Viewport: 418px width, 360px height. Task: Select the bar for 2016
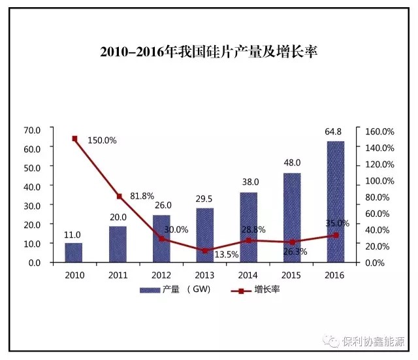point(335,201)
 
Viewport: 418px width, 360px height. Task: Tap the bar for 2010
point(74,252)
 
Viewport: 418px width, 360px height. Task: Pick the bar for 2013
point(204,235)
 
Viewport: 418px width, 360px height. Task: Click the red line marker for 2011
point(118,196)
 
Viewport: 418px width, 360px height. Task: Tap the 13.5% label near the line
point(227,255)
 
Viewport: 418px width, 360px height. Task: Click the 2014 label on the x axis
point(248,274)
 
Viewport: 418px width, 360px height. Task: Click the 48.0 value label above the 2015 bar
point(291,163)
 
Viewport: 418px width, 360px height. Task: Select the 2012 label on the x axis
point(161,274)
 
